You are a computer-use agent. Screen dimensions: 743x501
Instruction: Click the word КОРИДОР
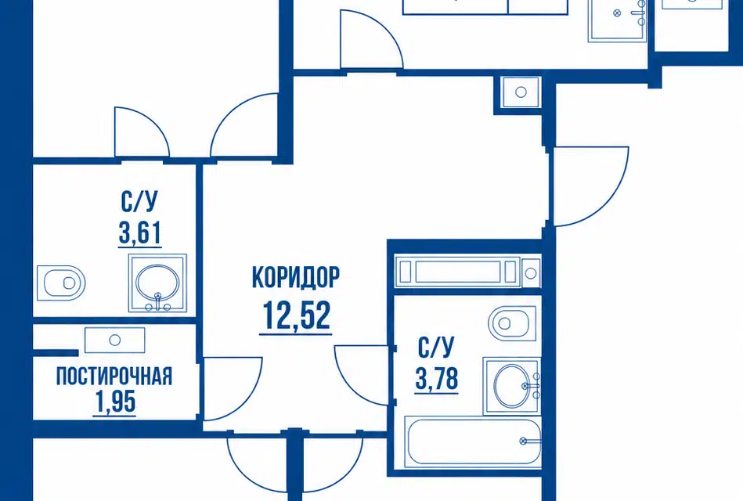296,277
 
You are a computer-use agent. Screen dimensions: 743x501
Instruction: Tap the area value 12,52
296,315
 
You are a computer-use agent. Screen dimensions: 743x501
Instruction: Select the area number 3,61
140,232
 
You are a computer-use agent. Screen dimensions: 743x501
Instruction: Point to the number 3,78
437,378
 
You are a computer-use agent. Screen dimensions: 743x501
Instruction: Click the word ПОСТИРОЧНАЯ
114,377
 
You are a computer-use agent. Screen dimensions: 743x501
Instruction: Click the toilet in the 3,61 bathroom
60,283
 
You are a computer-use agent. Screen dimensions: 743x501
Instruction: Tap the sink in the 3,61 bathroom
157,283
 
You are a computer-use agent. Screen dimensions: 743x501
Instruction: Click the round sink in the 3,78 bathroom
512,386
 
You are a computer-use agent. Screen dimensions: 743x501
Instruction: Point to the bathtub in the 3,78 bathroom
474,442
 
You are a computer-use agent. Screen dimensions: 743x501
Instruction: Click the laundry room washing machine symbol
114,340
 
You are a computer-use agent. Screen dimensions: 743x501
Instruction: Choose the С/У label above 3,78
436,348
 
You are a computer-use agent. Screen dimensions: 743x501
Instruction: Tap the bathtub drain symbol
523,442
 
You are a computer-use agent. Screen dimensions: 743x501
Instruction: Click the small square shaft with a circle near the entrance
521,92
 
